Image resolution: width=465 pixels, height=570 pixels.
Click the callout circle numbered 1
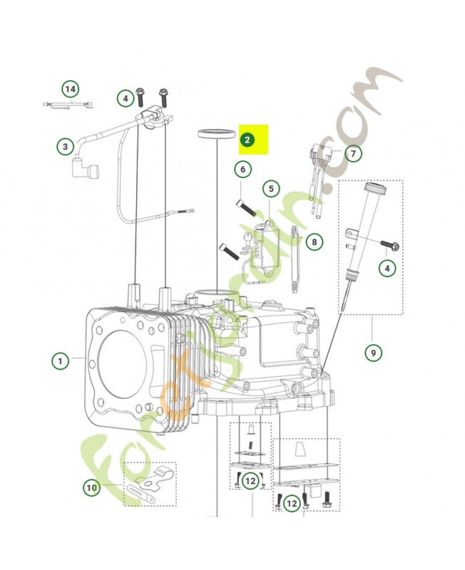61,361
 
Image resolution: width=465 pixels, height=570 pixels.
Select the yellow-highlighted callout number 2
247,140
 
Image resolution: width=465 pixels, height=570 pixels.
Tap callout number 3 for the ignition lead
65,147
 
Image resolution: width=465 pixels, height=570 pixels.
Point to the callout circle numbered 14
69,90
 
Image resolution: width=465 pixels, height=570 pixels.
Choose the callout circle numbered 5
270,189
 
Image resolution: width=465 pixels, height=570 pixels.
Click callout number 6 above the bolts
242,170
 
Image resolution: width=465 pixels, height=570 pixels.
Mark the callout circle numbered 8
314,242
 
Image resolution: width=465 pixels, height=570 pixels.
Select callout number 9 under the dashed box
372,351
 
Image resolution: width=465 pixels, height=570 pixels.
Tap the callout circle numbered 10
91,488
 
